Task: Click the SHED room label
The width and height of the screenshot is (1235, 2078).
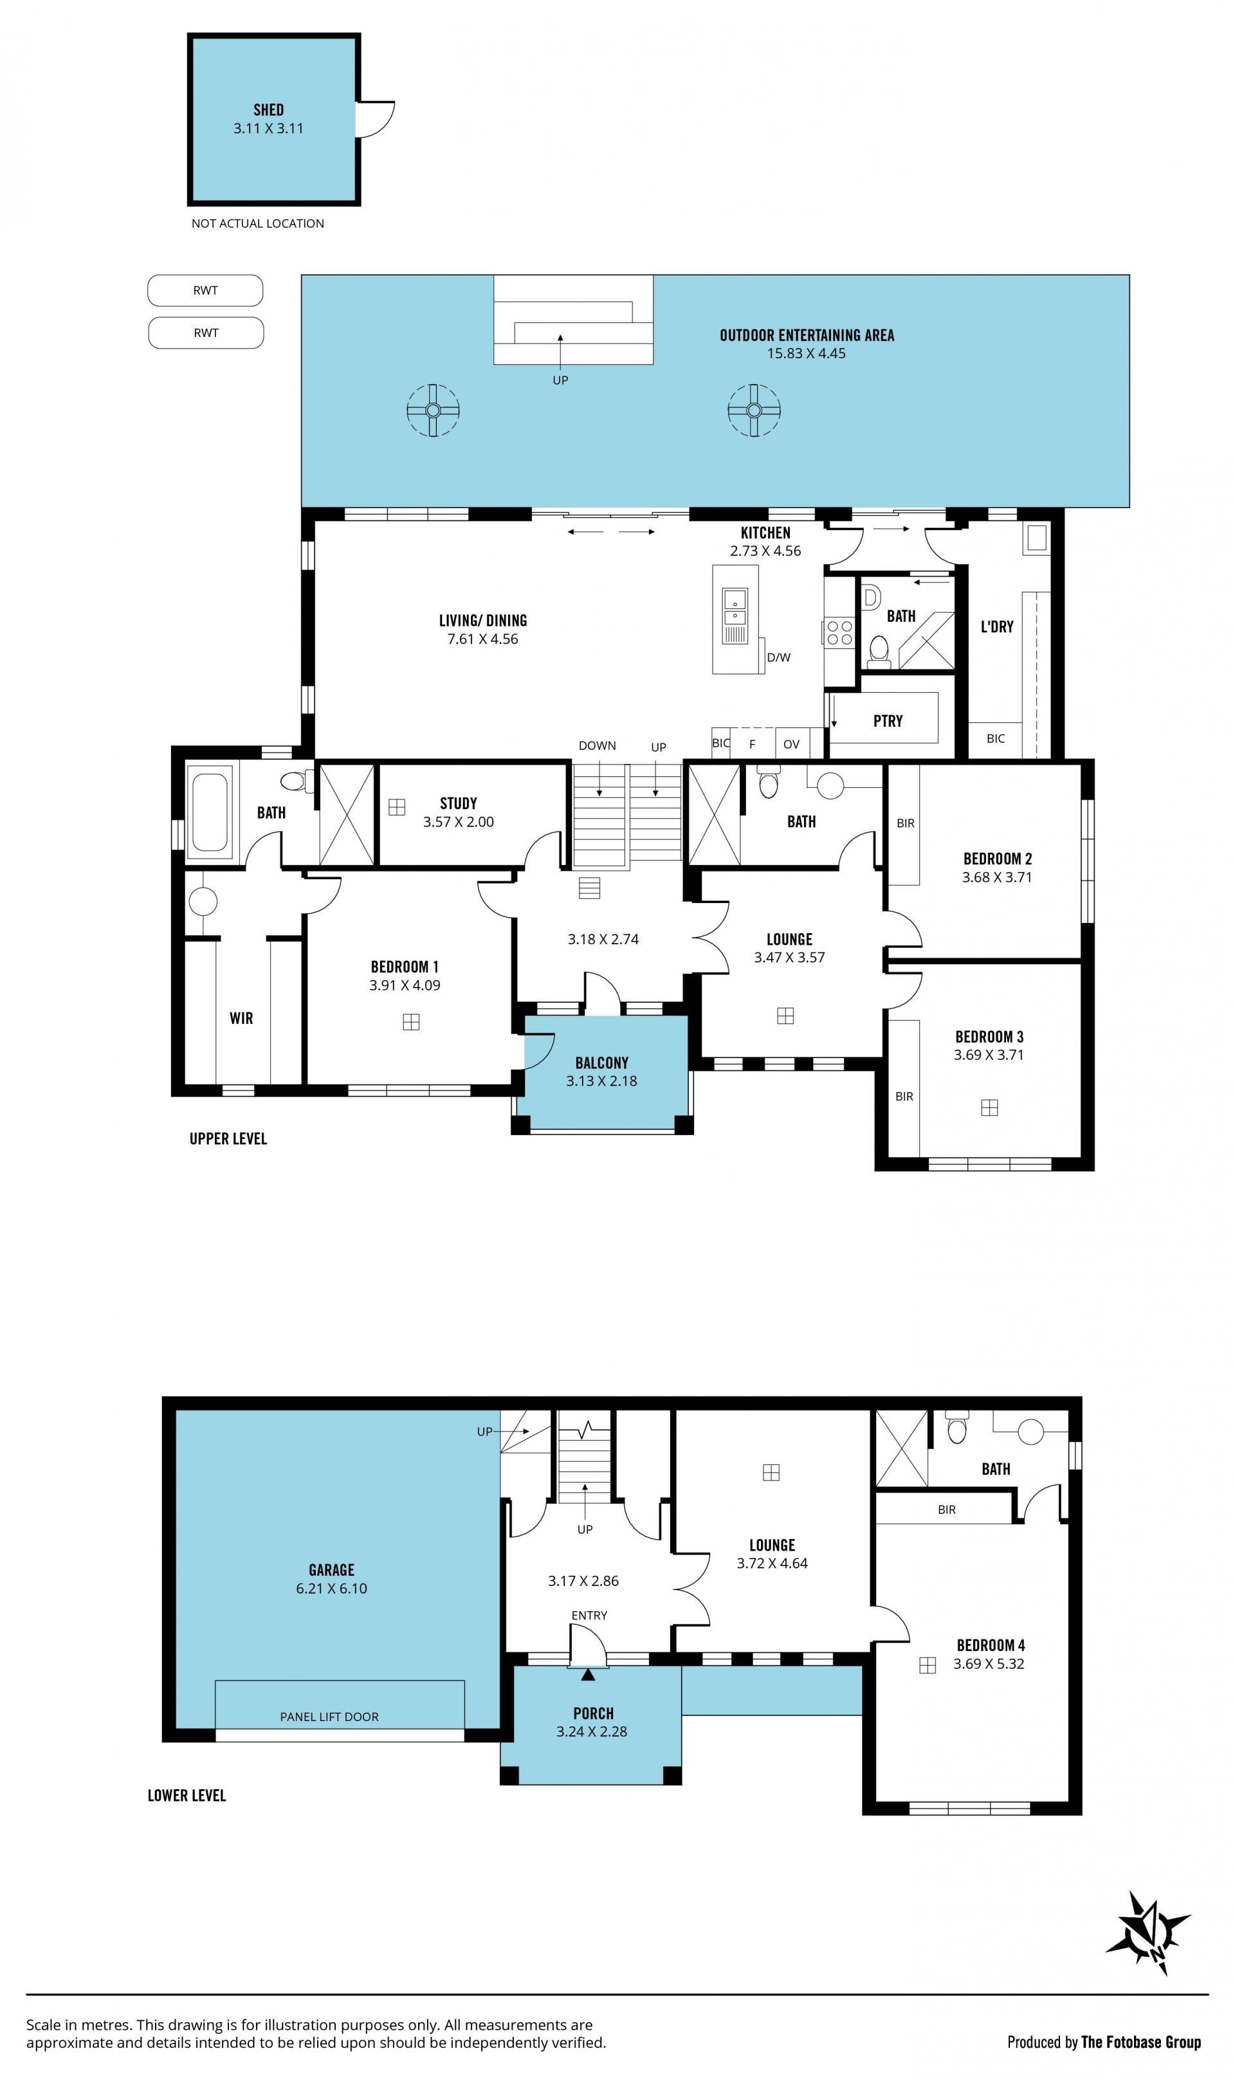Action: [x=268, y=110]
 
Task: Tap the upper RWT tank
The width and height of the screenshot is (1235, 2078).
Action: [x=206, y=290]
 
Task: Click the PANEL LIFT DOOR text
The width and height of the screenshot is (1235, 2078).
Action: [x=329, y=1716]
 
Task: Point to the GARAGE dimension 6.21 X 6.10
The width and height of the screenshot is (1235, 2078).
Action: [x=331, y=1588]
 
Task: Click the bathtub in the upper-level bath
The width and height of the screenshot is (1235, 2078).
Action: [x=210, y=812]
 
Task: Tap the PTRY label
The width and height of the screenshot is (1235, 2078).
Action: [x=888, y=721]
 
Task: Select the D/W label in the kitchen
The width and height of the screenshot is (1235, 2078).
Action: [x=779, y=657]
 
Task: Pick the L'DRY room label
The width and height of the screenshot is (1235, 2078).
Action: [x=997, y=626]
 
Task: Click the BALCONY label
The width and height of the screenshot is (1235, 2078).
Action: [x=601, y=1062]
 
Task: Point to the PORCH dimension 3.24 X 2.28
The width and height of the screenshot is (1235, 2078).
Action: [x=592, y=1731]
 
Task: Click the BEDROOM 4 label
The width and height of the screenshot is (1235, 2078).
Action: [x=991, y=1645]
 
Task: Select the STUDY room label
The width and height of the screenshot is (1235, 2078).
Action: [x=459, y=803]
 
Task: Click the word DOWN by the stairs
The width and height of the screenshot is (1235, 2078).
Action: [x=598, y=745]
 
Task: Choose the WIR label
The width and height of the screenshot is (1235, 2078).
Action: [x=241, y=1018]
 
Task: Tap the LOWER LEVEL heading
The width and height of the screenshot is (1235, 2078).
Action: [x=187, y=1795]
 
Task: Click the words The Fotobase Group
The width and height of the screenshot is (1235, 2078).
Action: [x=1141, y=2041]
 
